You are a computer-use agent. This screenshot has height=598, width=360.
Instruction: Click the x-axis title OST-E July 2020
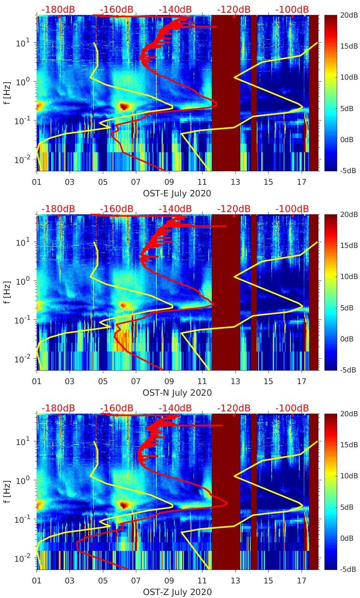click(x=177, y=193)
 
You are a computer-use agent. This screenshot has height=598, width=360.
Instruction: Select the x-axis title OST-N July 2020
click(x=177, y=393)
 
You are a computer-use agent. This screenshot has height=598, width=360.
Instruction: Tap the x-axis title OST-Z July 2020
click(x=177, y=592)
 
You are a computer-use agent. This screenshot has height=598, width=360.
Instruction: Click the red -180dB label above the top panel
click(x=58, y=9)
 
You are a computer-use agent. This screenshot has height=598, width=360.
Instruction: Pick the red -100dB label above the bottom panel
click(x=292, y=408)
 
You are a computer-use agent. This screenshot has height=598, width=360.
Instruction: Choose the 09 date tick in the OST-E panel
click(x=169, y=183)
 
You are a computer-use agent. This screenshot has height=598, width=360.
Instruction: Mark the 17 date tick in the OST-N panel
click(x=301, y=382)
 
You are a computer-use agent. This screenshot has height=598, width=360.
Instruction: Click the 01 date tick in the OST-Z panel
click(x=37, y=581)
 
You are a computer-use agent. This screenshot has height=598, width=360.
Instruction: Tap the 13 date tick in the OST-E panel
click(x=235, y=183)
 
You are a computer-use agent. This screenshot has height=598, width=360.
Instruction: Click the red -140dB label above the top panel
click(x=175, y=9)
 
